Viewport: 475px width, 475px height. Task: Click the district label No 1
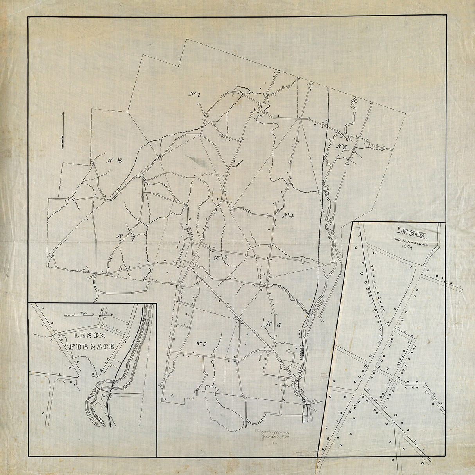194,94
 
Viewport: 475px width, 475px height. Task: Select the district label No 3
200,344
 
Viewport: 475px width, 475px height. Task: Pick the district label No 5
342,147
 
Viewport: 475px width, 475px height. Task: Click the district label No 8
115,160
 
